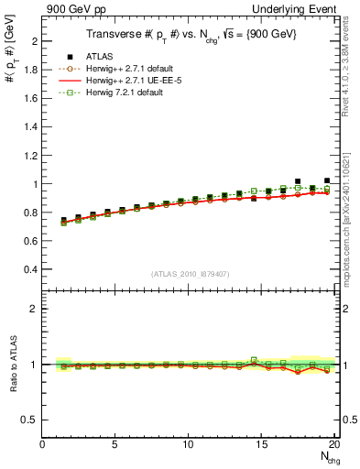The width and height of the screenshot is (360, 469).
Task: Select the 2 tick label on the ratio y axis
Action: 32,309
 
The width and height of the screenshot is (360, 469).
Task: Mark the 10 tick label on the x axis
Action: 188,445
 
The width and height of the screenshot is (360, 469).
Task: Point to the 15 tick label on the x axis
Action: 261,445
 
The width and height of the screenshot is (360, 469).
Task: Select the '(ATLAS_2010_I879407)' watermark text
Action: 190,274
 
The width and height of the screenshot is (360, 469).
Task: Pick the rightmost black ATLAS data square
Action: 327,181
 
